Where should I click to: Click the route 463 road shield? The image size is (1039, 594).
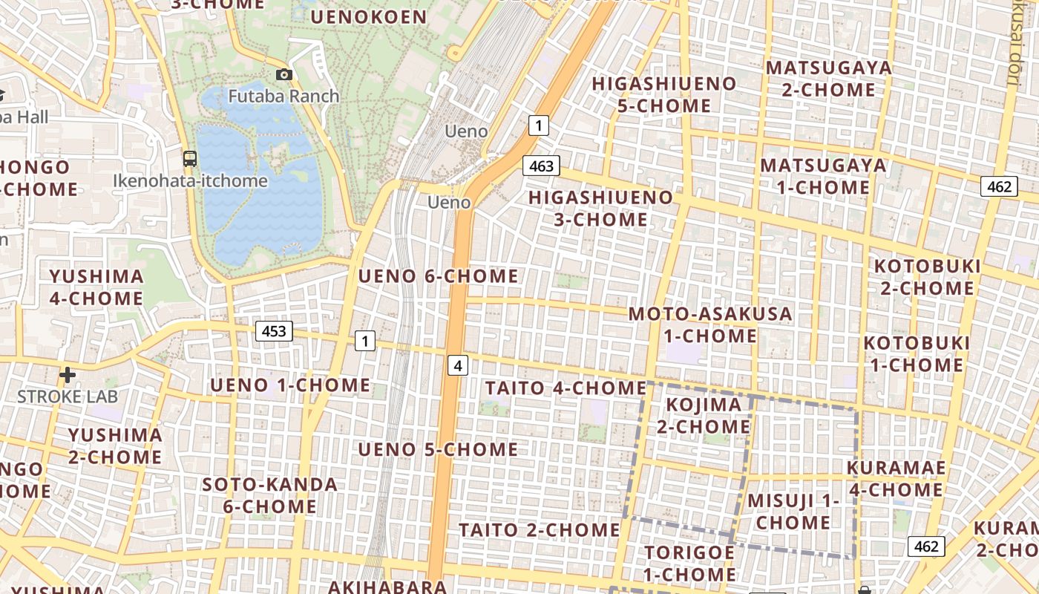tap(541, 166)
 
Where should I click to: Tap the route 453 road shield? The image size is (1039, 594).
tap(274, 331)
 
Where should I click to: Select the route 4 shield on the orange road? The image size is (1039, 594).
tap(459, 365)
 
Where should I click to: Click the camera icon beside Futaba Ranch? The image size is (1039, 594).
tap(283, 74)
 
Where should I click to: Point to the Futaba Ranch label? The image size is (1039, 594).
tap(283, 96)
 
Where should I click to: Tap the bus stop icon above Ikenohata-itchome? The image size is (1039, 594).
tap(190, 158)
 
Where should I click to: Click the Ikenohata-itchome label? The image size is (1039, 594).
tap(190, 180)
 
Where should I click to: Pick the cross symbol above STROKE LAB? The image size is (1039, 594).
tap(68, 375)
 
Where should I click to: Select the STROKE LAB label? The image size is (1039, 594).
tap(68, 396)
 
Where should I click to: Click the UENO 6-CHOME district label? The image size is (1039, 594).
tap(438, 276)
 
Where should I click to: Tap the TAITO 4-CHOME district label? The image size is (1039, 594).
tap(566, 388)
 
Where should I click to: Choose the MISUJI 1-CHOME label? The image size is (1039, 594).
tap(793, 511)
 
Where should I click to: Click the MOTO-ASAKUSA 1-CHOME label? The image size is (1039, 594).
tap(710, 324)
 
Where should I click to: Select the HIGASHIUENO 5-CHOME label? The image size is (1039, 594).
tap(663, 94)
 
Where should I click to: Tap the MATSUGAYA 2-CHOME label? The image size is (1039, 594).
tap(828, 79)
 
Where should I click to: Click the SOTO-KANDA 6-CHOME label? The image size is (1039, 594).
tap(270, 495)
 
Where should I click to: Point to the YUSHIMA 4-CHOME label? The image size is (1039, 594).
tap(96, 287)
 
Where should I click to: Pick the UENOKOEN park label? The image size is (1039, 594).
tap(369, 17)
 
